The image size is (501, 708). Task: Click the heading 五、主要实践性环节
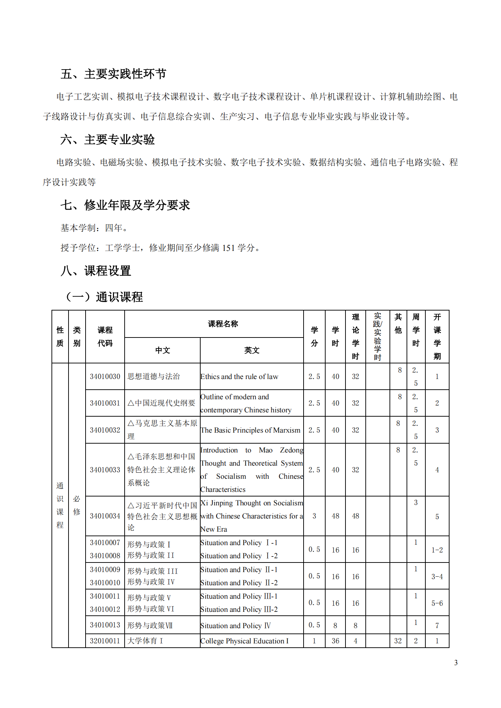click(113, 74)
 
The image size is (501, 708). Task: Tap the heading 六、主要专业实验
click(107, 139)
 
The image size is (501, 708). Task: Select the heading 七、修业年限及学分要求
click(125, 205)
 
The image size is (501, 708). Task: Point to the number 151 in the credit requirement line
click(228, 248)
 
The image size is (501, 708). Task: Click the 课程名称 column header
click(223, 324)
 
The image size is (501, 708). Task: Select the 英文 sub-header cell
click(251, 350)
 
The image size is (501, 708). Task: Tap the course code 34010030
click(105, 377)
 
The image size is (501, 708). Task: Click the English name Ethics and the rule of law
click(239, 377)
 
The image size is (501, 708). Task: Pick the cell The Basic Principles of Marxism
click(250, 430)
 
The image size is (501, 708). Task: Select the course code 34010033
click(105, 470)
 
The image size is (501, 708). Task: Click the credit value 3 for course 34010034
click(314, 516)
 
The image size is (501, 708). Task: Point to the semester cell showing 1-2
click(437, 550)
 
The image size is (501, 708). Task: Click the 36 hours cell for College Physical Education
click(335, 641)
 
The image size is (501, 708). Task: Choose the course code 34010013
click(105, 625)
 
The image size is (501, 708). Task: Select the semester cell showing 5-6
click(437, 603)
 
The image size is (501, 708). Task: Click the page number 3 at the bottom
click(456, 663)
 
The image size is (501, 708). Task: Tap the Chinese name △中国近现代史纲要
click(161, 403)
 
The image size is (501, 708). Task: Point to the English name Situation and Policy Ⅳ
click(235, 626)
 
